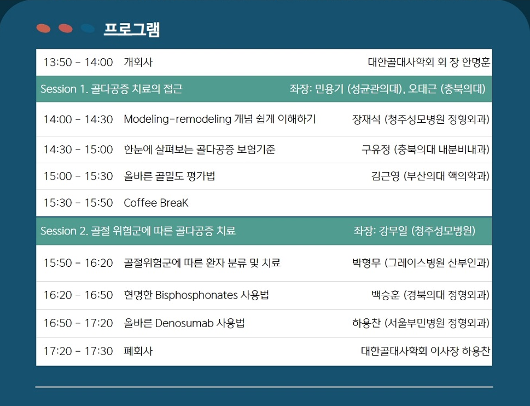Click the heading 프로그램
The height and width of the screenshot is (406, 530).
click(131, 29)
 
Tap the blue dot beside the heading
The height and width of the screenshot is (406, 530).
click(88, 28)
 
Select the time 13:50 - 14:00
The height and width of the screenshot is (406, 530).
click(78, 62)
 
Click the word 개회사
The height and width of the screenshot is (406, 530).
click(138, 62)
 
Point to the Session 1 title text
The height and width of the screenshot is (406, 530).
click(112, 89)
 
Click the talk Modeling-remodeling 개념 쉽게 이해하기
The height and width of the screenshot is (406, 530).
click(220, 119)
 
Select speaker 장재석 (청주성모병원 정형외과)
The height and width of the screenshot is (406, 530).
click(421, 119)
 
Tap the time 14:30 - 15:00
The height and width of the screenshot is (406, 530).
click(78, 150)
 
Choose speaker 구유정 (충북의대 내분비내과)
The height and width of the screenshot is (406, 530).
click(426, 150)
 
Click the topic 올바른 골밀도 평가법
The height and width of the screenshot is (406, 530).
click(170, 176)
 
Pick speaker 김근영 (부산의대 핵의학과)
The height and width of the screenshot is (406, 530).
click(430, 176)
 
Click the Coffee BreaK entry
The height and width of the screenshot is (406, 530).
click(156, 203)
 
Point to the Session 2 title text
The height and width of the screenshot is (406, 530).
click(138, 231)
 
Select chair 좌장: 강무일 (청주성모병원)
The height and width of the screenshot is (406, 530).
click(415, 231)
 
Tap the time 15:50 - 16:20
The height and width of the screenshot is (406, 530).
click(78, 263)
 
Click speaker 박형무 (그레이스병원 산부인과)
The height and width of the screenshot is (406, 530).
click(421, 263)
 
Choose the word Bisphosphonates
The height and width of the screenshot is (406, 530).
click(196, 295)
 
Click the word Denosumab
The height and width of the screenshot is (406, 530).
click(184, 323)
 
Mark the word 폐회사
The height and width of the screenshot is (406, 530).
click(138, 351)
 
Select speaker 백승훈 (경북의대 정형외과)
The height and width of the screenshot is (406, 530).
click(430, 295)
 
